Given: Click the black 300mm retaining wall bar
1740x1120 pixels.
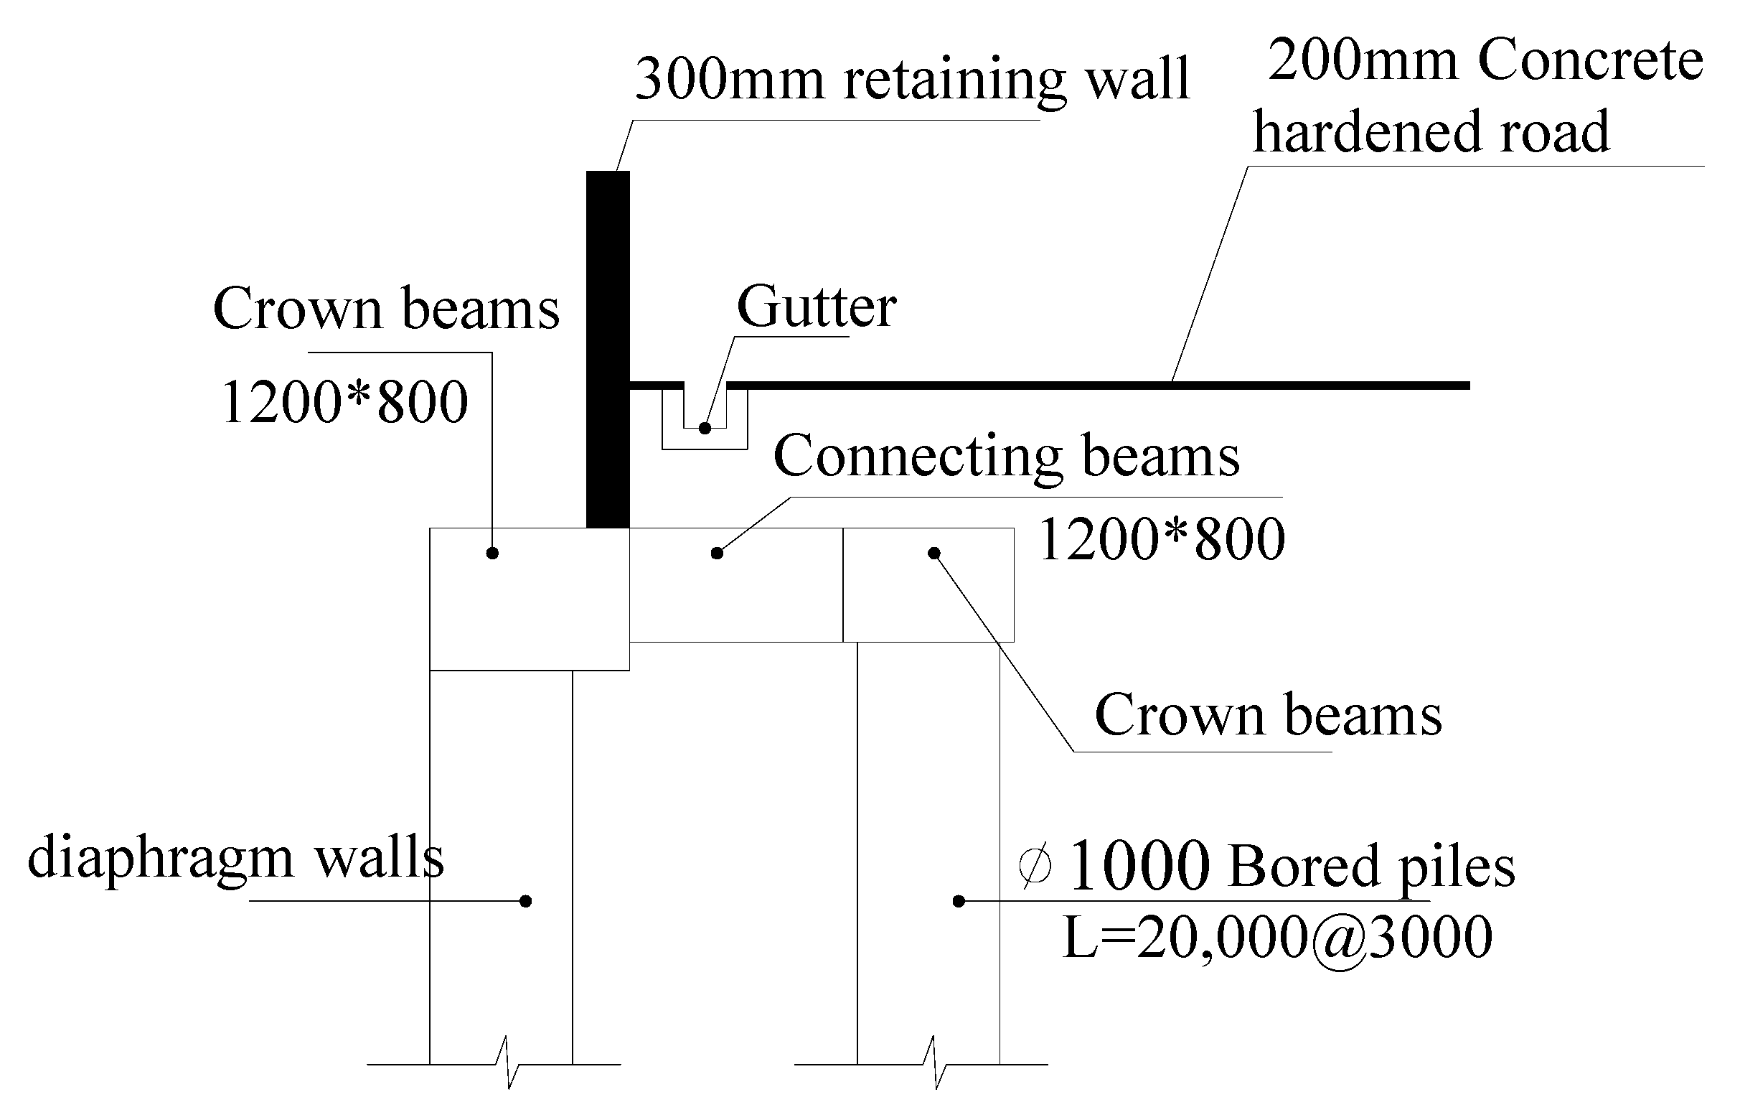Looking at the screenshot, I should (x=608, y=349).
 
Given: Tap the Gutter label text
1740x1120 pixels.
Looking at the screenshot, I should (x=817, y=307).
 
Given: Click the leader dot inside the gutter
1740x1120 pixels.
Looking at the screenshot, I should (x=705, y=429).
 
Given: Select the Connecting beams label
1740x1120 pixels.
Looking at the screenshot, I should (x=1006, y=456).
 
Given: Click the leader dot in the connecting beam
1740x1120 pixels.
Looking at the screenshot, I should (x=717, y=554).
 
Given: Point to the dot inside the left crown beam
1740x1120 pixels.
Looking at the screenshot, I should (x=492, y=554).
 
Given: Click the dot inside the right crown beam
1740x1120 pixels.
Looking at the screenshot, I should (x=934, y=554).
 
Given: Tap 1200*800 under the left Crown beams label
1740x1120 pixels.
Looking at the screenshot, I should (x=344, y=402).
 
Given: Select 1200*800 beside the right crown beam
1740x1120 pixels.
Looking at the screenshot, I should (x=1162, y=540).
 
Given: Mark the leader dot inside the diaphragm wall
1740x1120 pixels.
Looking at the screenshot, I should (x=526, y=902).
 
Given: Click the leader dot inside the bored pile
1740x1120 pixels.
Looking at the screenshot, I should (x=959, y=902).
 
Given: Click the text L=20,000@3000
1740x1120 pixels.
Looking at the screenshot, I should (x=1277, y=938).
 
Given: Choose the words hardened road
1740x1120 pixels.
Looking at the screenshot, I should (x=1430, y=132).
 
